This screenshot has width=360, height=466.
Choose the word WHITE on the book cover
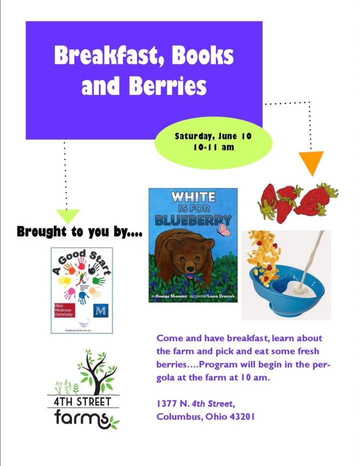192,196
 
